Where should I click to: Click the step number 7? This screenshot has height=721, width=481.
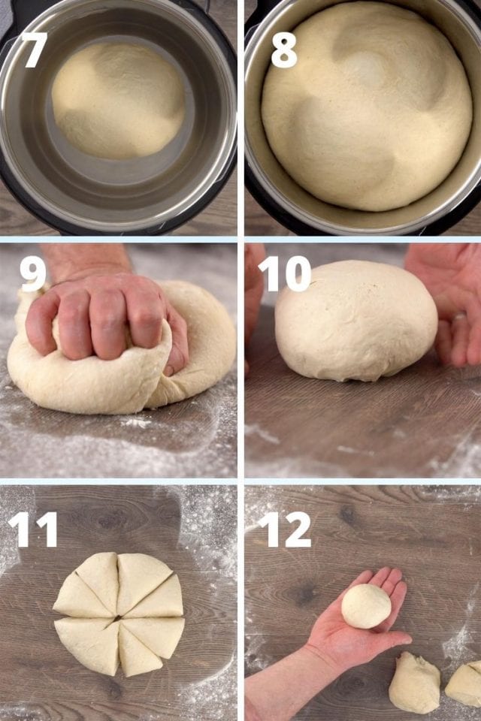(35, 50)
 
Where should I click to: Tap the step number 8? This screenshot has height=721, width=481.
(284, 50)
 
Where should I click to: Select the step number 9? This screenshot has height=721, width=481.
(32, 273)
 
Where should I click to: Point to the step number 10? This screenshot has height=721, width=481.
(285, 273)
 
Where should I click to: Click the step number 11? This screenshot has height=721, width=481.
(33, 529)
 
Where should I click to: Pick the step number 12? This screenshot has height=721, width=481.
(285, 529)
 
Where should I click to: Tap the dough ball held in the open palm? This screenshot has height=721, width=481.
(367, 606)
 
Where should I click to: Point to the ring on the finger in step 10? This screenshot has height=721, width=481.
(459, 316)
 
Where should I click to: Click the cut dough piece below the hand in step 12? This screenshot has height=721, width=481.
(415, 683)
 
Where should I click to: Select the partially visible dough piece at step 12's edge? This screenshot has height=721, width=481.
(464, 683)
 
